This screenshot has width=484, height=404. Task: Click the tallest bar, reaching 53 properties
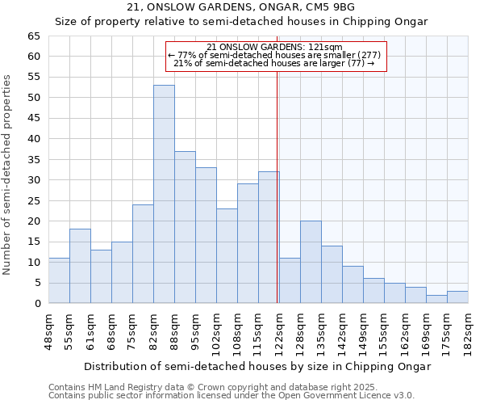click(x=164, y=194)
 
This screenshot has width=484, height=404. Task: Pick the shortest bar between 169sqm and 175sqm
click(x=436, y=299)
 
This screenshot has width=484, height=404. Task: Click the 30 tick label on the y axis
click(x=33, y=180)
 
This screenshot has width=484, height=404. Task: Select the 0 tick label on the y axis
click(x=36, y=304)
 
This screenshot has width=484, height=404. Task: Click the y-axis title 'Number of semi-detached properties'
click(x=7, y=175)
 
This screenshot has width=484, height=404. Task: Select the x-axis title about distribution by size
click(x=257, y=366)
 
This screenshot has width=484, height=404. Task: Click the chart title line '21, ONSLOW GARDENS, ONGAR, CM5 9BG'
click(x=241, y=7)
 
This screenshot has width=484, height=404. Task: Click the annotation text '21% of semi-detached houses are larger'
click(x=274, y=63)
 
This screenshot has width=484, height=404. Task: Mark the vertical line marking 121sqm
click(x=277, y=186)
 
